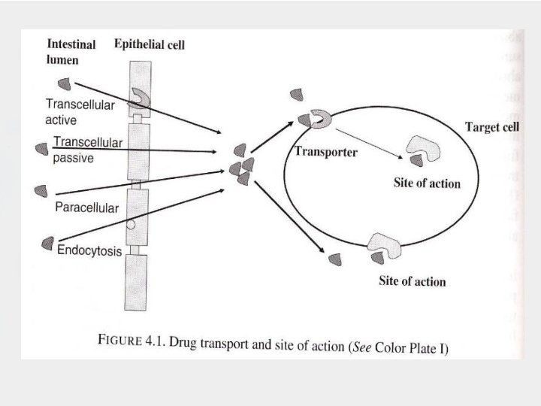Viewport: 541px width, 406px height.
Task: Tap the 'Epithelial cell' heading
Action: click(x=150, y=44)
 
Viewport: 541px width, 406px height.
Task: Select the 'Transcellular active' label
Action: click(x=80, y=112)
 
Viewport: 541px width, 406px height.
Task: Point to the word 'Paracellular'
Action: click(x=86, y=208)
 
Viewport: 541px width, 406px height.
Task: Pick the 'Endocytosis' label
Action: click(x=89, y=252)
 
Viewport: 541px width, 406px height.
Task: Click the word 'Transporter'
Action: click(x=325, y=152)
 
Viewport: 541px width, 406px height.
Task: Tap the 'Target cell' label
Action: click(x=492, y=127)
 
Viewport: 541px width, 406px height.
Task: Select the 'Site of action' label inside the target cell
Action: click(x=427, y=183)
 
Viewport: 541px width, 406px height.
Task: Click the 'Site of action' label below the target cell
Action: click(x=412, y=281)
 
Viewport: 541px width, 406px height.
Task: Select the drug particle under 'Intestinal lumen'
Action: click(x=65, y=83)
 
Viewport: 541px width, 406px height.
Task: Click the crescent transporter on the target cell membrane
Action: click(x=320, y=118)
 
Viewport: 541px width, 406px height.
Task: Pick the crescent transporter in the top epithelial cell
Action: click(x=141, y=96)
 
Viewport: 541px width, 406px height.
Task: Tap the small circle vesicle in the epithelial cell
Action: click(x=131, y=224)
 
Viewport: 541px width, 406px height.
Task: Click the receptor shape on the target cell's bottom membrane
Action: click(x=383, y=242)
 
